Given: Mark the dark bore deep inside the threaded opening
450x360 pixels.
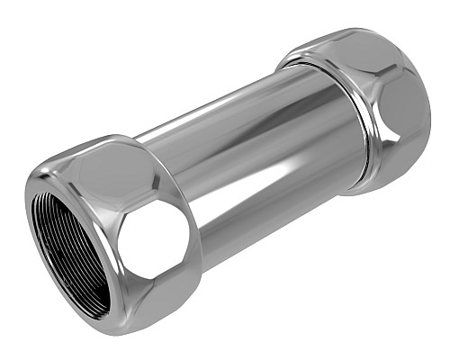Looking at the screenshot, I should click(x=76, y=261).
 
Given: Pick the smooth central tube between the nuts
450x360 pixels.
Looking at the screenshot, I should click(x=243, y=162).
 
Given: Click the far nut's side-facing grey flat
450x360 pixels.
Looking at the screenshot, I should click(x=405, y=112).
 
